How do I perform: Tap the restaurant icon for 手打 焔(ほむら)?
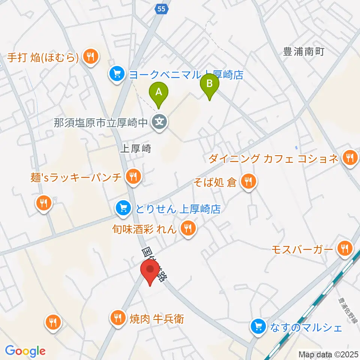coord(90,57)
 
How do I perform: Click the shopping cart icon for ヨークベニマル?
coord(117,73)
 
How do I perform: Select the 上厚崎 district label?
coord(135,148)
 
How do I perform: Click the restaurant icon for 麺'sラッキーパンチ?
coord(133,175)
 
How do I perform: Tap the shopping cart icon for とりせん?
coord(123,207)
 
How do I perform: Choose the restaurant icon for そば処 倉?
coord(248,182)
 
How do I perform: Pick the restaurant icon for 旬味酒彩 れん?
coord(188,228)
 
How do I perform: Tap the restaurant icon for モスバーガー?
coord(344,248)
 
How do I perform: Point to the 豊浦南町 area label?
coord(303,52)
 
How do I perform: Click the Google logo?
coord(25,351)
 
